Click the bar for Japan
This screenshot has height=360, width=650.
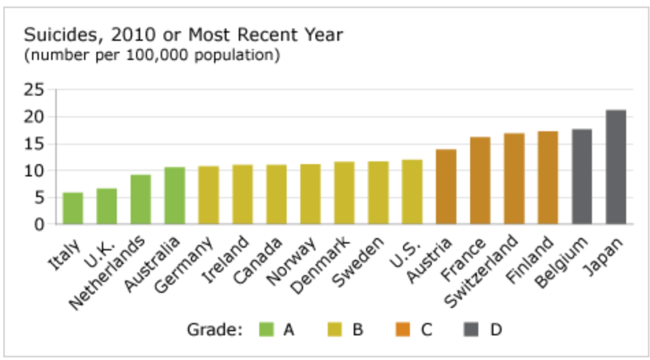[616, 167]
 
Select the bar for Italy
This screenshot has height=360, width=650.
[73, 208]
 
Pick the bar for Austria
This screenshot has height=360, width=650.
[446, 187]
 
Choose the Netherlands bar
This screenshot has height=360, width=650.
[140, 199]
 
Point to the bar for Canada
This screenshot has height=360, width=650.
[276, 194]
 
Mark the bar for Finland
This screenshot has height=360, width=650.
[548, 178]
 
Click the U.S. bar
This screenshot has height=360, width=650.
[412, 192]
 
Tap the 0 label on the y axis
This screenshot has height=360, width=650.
[39, 224]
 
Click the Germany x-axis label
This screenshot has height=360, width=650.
[197, 263]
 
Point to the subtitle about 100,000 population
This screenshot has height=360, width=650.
[152, 55]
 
